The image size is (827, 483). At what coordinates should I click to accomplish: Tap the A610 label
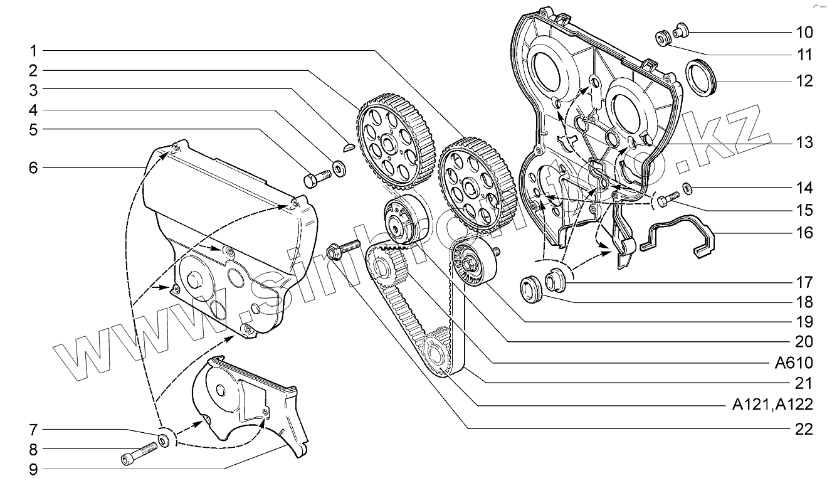794,363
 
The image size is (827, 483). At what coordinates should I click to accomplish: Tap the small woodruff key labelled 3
350,148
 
